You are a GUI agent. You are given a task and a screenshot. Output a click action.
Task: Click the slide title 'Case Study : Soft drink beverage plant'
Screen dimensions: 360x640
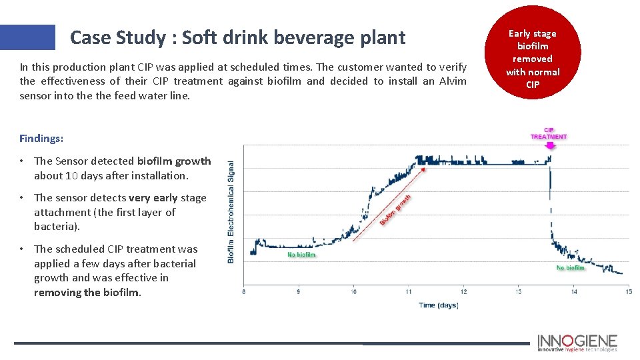237,37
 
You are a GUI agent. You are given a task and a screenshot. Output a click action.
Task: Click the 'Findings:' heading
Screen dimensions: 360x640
41,139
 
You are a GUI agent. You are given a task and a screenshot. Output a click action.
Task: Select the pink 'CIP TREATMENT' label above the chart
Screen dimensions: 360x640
549,133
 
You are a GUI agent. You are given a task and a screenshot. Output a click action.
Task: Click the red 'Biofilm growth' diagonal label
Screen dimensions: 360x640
395,209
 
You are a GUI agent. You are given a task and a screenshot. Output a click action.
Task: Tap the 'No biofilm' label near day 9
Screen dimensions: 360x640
301,254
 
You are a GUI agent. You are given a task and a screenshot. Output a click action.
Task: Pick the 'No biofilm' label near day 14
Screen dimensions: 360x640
570,268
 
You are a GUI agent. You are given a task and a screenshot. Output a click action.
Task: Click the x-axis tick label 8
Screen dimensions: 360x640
244,291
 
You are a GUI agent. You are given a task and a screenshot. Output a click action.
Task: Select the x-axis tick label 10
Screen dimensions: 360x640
353,291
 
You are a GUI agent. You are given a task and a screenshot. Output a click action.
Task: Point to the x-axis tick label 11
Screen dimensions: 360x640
408,291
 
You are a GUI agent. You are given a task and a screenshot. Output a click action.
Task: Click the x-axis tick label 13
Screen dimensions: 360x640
518,291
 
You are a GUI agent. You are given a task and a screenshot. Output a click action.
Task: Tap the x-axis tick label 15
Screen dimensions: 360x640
627,291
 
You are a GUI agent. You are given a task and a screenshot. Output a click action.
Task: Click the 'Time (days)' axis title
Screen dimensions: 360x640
438,305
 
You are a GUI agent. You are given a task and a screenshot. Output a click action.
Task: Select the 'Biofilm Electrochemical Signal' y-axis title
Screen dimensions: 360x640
231,211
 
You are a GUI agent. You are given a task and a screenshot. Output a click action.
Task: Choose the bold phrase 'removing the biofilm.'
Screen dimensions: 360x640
88,293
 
